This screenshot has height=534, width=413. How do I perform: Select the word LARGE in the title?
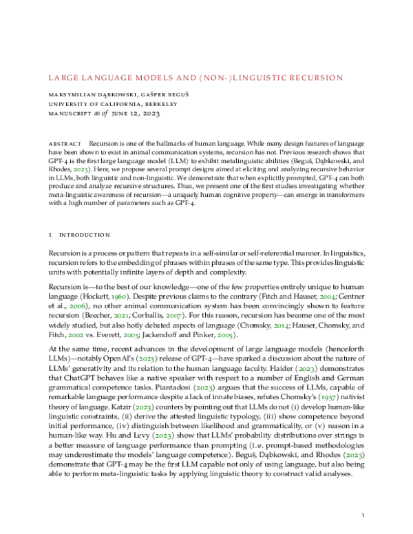(63, 78)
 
